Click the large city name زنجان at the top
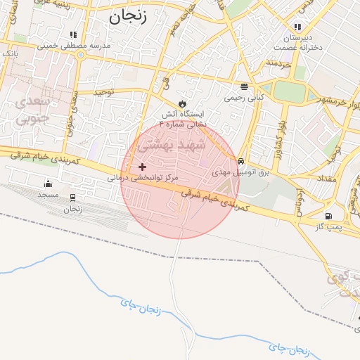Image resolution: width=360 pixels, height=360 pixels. coord(128,17)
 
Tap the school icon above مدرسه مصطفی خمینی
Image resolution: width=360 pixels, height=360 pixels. coord(73,34)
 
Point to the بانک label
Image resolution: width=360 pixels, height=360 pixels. coord(10,53)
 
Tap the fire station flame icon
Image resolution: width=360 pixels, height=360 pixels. coord(183,103)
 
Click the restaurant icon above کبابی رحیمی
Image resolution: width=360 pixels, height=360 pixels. coord(244,87)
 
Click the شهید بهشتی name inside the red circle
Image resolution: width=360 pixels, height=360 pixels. coord(172,146)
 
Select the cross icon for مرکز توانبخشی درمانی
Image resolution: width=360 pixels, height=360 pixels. coord(143,167)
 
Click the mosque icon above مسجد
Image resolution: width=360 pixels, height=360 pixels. coord(48,184)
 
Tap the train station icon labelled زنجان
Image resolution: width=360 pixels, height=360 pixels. coord(73,198)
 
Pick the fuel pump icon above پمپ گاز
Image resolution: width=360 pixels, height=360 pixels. coord(328,216)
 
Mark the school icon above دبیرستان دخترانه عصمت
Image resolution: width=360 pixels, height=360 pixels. coord(297,27)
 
